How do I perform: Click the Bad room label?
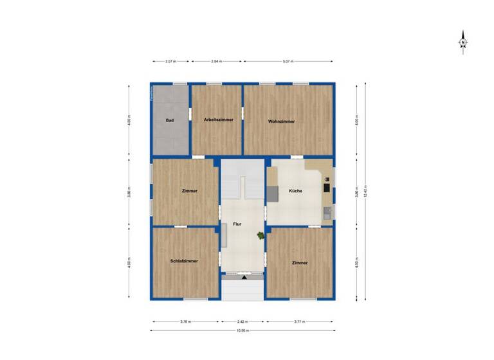coord(170,120)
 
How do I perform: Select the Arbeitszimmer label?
coord(218,120)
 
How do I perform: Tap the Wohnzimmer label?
coord(281,120)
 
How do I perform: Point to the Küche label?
coord(296,191)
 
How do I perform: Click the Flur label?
coord(237,224)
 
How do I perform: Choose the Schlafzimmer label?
coord(184,262)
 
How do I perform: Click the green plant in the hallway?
coord(260,236)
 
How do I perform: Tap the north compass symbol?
coord(463,42)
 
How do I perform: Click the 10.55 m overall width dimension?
coord(242,330)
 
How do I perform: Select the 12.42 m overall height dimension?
coord(365,191)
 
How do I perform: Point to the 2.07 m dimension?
coord(170,62)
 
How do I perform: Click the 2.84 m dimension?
coord(217,62)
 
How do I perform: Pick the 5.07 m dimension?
coord(288,62)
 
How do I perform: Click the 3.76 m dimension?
coord(185,321)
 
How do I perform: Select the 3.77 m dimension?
coord(300,321)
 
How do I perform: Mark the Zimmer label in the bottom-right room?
coord(300,263)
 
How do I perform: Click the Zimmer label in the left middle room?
coord(189,191)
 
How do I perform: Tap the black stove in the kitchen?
coord(326,188)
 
